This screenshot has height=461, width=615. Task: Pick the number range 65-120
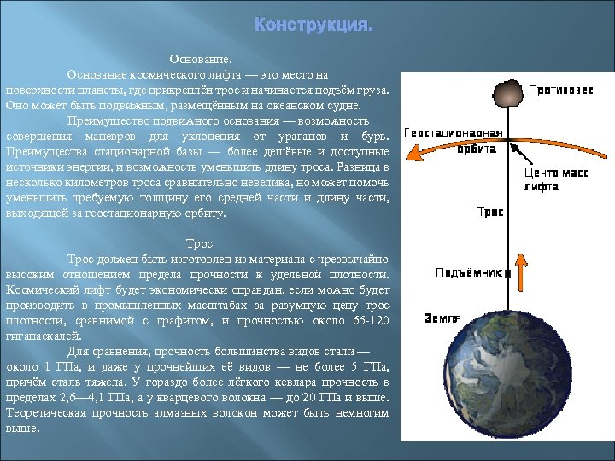pyautogui.click(x=370, y=321)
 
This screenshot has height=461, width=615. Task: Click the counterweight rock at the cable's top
pyautogui.click(x=510, y=91)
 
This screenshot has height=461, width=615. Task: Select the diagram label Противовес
pyautogui.click(x=560, y=90)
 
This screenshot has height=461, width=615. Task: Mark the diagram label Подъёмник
pyautogui.click(x=467, y=273)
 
